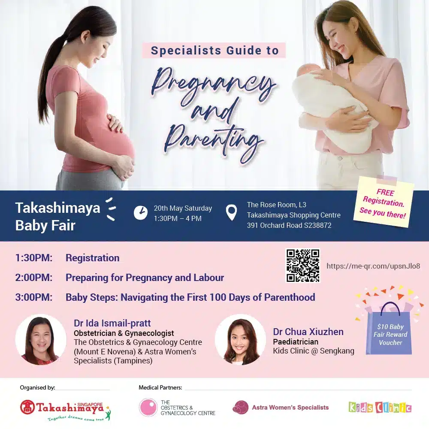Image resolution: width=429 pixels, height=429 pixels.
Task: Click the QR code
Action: point(303,265)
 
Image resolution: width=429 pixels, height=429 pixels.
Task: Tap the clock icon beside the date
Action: point(141,213)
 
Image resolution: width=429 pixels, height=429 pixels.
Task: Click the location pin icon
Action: point(232,213)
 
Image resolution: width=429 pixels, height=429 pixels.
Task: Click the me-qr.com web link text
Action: point(373,266)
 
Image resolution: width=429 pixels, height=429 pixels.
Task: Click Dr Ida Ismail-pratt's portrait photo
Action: point(41,339)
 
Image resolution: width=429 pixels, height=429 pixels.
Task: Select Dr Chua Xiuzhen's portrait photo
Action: point(240,339)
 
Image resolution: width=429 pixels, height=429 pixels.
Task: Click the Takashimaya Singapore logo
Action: point(65,411)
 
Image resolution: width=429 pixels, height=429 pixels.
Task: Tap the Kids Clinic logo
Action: point(380,408)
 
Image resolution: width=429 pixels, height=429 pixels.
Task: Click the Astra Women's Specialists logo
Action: point(281,408)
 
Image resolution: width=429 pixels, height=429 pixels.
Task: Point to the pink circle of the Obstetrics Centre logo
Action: point(148,408)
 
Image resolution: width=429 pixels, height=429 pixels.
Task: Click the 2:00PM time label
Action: point(33,278)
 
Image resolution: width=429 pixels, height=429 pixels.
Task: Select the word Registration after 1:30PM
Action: point(93,258)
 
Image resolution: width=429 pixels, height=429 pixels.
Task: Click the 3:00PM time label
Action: point(33,297)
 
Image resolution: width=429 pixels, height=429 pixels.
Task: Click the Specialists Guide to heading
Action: point(214,51)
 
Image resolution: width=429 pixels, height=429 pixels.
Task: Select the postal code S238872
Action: point(317,226)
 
